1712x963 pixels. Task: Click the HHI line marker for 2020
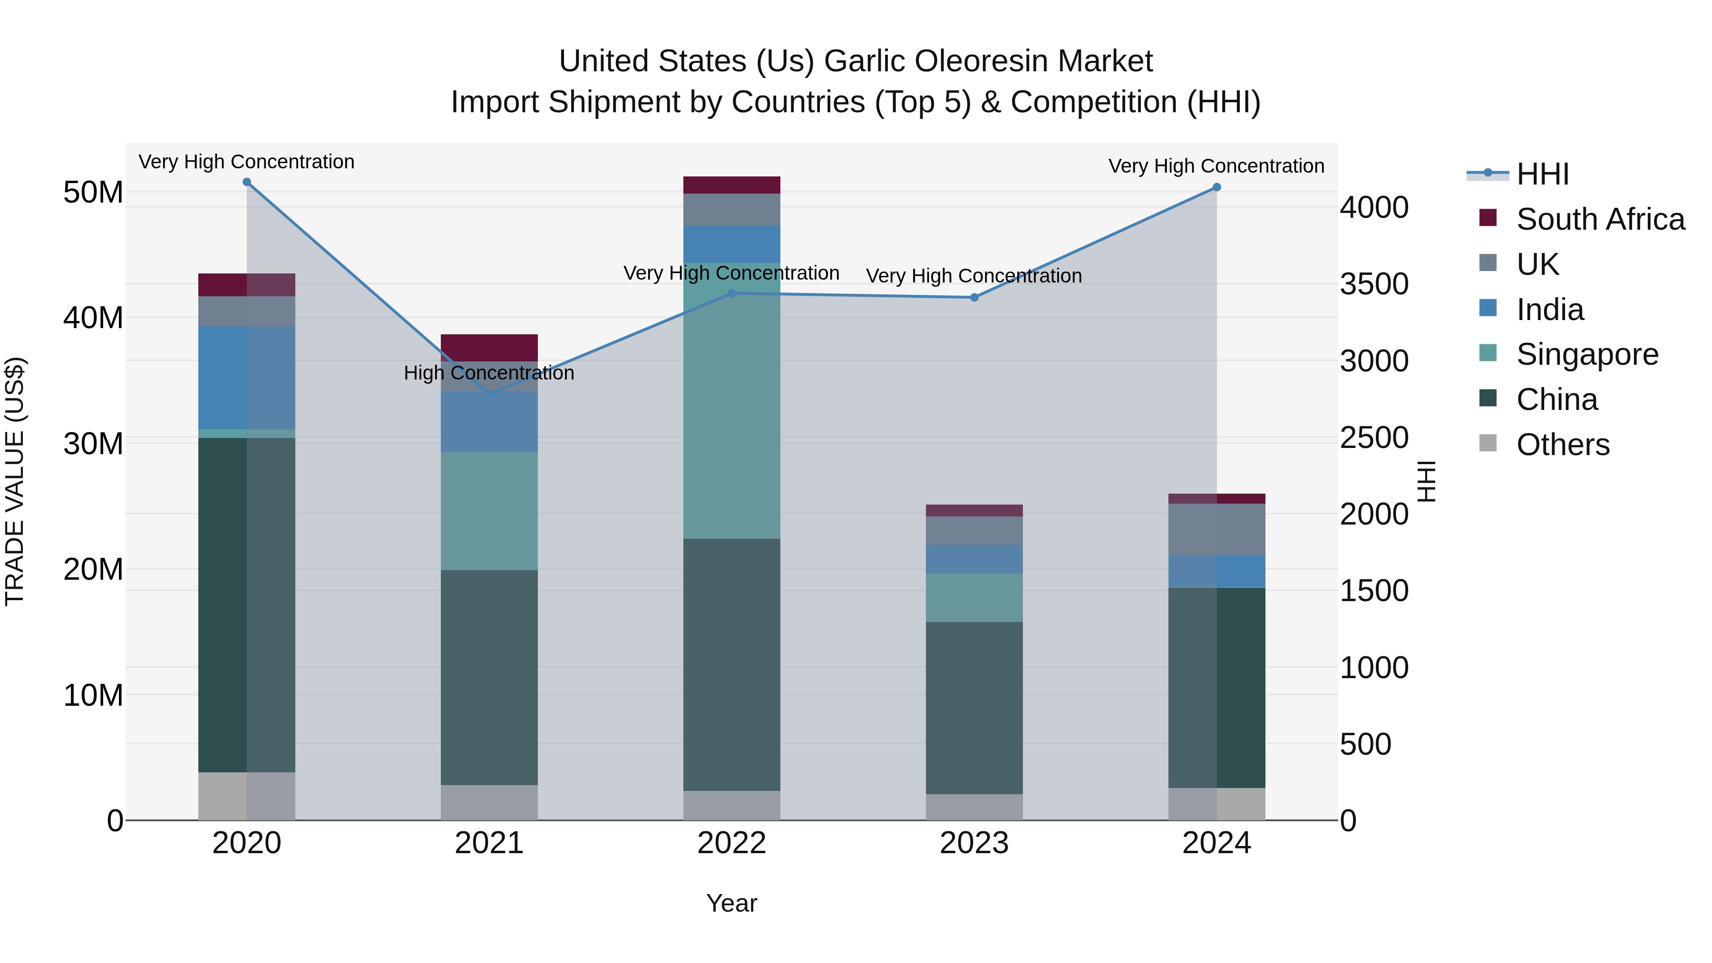click(246, 182)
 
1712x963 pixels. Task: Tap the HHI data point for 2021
click(490, 395)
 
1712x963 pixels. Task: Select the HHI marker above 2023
click(974, 298)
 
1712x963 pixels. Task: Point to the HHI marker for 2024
click(1217, 187)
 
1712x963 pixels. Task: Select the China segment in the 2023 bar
click(974, 708)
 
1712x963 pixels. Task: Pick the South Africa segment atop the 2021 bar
click(489, 348)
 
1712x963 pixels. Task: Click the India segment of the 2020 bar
click(246, 378)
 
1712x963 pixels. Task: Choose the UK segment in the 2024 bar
click(1217, 529)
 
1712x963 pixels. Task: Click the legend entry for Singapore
click(1587, 354)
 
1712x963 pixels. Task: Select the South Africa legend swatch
click(1488, 218)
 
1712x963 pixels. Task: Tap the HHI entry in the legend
click(1542, 174)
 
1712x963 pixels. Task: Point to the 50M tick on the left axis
click(93, 193)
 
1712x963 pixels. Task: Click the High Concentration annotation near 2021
click(489, 373)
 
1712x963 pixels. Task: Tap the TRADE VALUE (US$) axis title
click(15, 481)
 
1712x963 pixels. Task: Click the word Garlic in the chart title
click(866, 61)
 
